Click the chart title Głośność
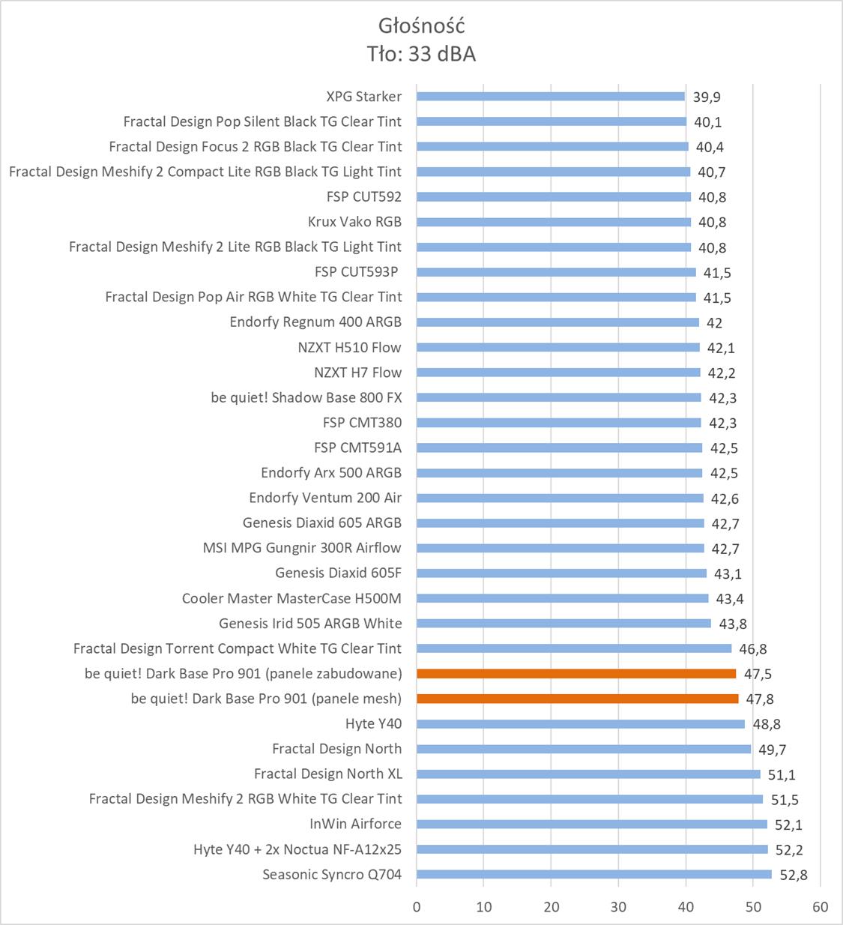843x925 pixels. click(421, 26)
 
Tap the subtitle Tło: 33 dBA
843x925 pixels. click(421, 54)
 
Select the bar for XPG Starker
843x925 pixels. click(551, 96)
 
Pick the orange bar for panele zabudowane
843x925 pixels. click(576, 673)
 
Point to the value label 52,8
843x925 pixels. click(794, 875)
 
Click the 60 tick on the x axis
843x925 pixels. click(820, 907)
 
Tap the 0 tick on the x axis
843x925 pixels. click(417, 907)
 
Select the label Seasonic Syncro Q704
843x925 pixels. click(332, 874)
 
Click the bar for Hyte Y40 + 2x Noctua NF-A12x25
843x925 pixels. click(592, 849)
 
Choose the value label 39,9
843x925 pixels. click(707, 97)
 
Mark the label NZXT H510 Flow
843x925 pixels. click(349, 347)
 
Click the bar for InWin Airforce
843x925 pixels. click(592, 824)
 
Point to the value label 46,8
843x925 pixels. click(753, 649)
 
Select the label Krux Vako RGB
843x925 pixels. click(354, 221)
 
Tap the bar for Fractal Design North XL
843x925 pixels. click(588, 774)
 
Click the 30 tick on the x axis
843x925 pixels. click(618, 907)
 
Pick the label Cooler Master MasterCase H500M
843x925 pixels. click(291, 598)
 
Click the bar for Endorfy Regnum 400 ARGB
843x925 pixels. click(558, 322)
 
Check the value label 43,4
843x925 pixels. click(730, 599)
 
